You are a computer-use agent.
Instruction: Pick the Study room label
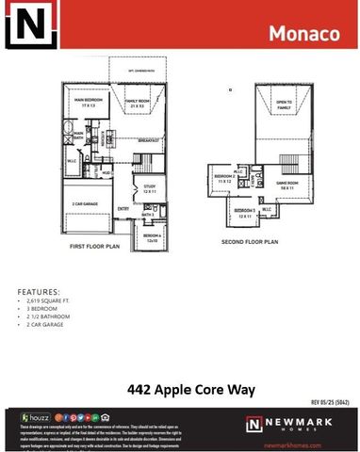click(148, 188)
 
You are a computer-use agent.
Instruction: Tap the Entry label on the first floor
click(123, 209)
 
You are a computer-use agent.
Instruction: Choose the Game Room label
click(287, 184)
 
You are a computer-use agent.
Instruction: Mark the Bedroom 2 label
click(224, 178)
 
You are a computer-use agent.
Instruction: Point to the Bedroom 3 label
click(245, 211)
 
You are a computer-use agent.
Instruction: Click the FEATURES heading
click(39, 293)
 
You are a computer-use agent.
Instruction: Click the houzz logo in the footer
click(36, 416)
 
